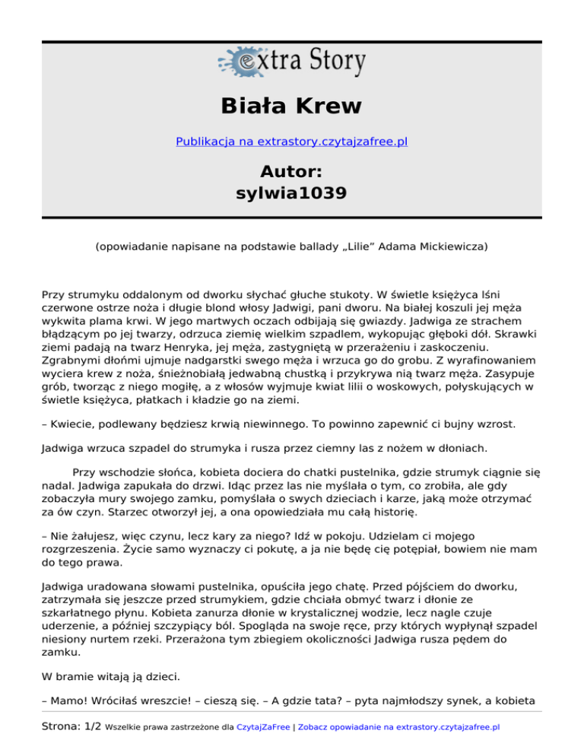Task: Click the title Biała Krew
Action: pyautogui.click(x=291, y=106)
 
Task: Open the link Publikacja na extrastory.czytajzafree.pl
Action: pyautogui.click(x=291, y=141)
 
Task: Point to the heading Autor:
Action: pyautogui.click(x=291, y=170)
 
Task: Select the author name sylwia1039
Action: pyautogui.click(x=291, y=193)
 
